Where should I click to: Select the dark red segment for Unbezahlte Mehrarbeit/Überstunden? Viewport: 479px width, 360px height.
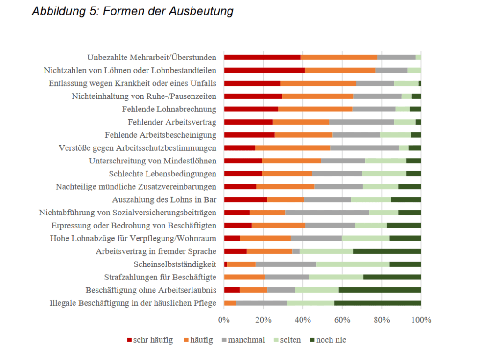262,58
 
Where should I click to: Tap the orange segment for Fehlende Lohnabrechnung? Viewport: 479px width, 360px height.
315,109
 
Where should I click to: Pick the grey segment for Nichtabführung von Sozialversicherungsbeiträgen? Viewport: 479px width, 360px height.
327,213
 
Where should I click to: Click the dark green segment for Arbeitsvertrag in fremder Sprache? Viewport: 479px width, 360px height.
387,251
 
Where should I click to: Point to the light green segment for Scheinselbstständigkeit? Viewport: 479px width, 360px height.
353,264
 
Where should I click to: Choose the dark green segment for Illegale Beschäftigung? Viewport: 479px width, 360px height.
377,303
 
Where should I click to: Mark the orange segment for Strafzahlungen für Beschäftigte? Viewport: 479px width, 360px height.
244,277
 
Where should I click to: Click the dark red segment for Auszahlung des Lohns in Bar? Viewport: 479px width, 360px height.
246,199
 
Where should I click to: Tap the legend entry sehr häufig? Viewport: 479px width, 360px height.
150,340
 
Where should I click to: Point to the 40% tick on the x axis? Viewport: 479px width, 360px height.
303,320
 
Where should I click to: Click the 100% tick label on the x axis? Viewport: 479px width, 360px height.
421,320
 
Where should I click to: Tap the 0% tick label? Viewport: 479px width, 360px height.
224,320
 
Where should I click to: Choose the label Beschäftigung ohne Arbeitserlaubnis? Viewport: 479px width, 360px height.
151,290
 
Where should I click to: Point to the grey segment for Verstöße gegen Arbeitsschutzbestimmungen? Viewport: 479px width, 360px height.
365,148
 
